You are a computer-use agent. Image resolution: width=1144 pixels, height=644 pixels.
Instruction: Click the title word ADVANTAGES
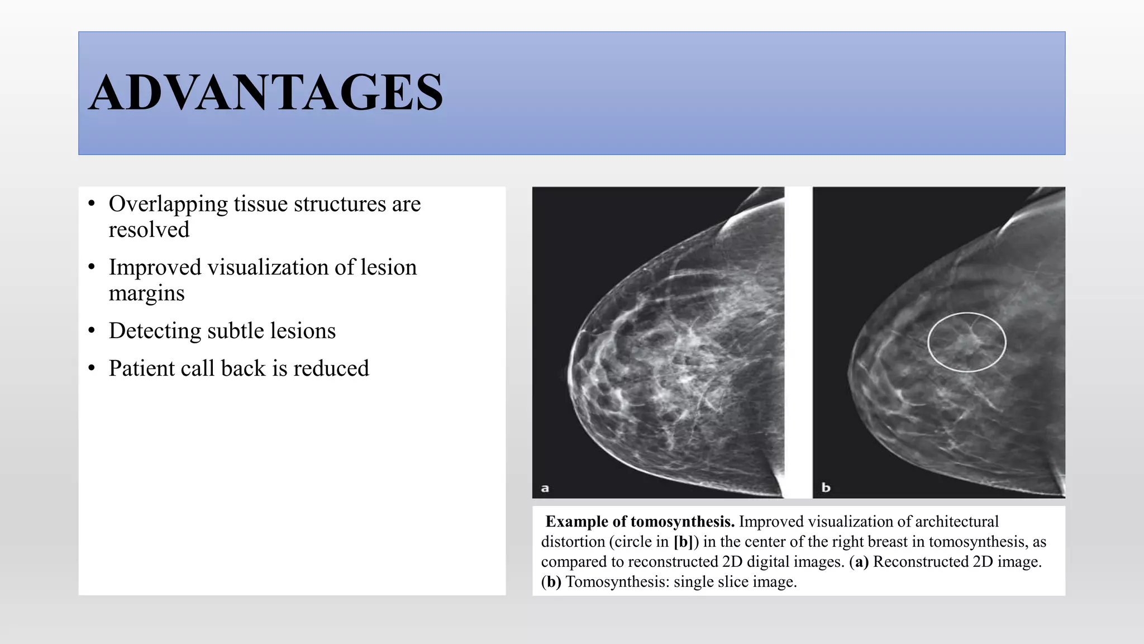266,93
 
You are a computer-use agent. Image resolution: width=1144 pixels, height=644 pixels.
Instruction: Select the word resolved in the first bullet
149,230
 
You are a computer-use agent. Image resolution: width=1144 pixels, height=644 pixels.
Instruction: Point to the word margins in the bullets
146,293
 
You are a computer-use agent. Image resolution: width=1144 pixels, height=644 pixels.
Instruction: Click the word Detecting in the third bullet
154,331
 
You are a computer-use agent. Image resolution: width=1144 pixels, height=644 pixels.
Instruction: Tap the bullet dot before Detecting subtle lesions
92,331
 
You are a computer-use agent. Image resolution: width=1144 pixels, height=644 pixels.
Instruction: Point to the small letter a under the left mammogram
545,489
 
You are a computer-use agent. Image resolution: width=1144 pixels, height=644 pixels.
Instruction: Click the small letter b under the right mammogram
826,487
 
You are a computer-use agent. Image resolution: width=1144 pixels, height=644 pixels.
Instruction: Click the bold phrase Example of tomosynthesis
640,522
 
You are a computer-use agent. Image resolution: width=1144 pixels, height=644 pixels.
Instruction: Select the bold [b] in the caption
683,542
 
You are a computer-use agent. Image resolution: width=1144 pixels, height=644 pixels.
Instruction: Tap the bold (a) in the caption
859,562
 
